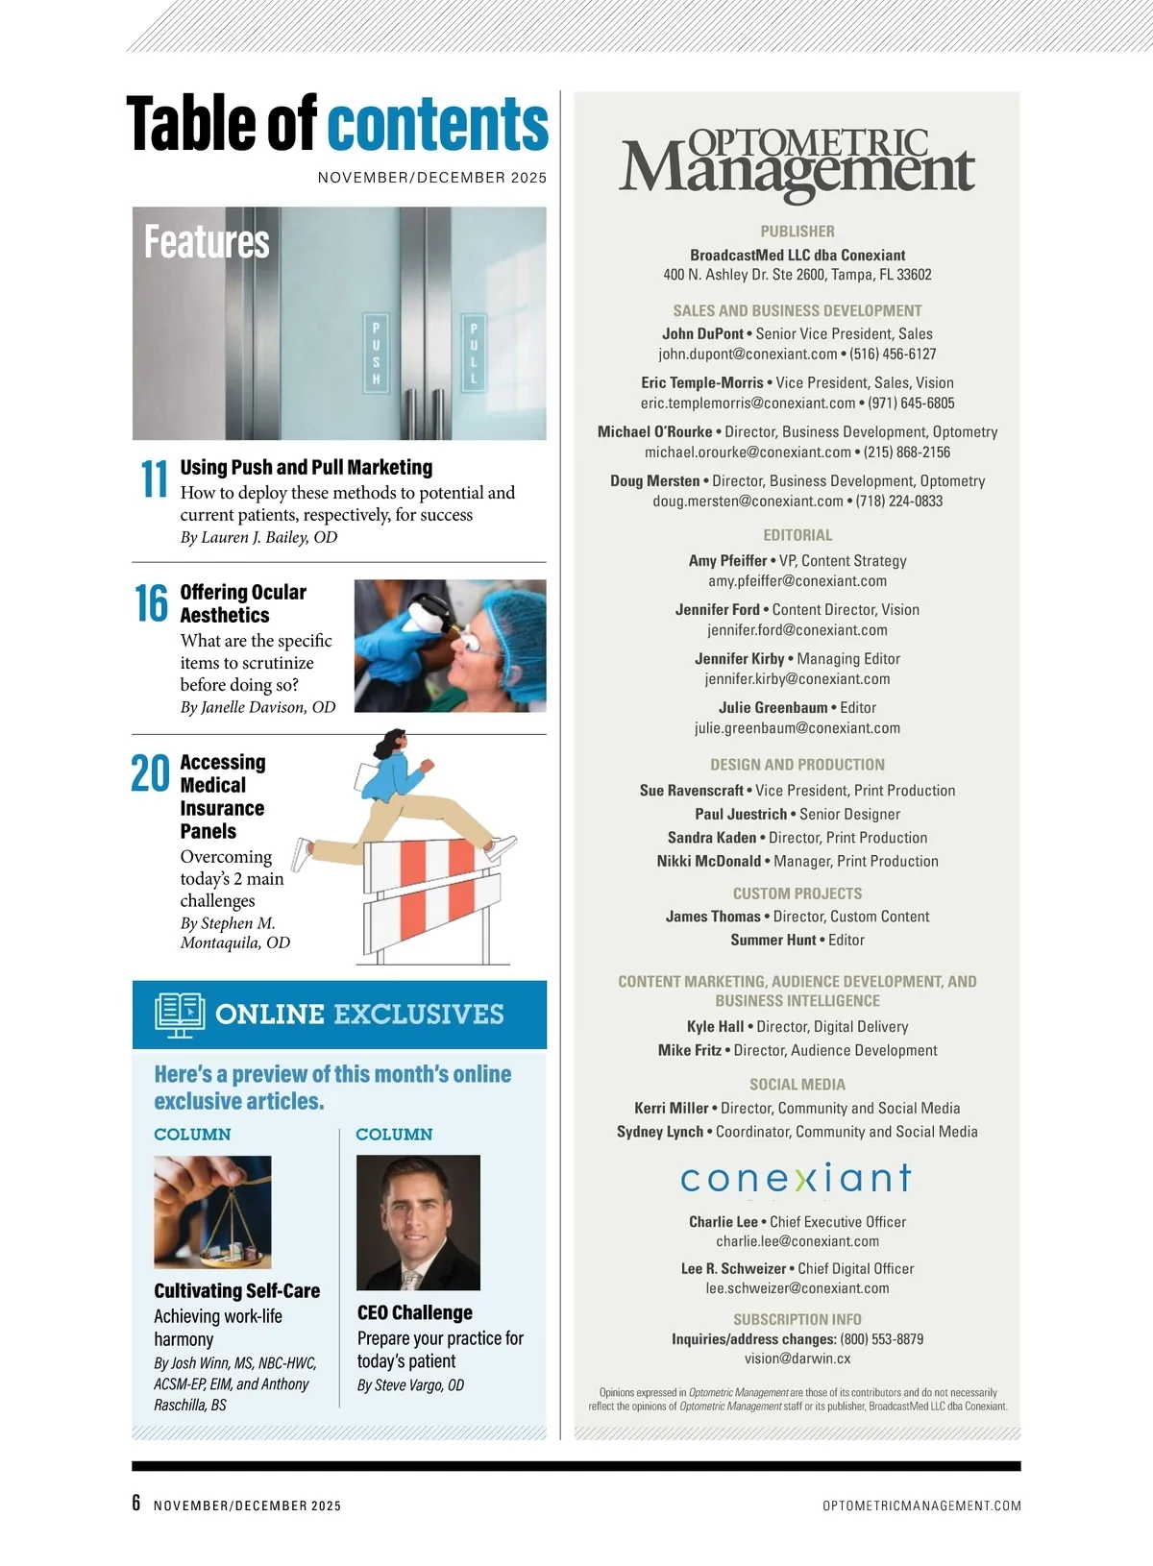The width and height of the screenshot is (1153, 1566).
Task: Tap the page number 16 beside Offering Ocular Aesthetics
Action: (x=152, y=603)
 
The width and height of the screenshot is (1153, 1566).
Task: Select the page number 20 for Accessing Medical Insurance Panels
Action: (x=150, y=774)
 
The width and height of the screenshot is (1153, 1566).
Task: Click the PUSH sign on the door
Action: (x=376, y=353)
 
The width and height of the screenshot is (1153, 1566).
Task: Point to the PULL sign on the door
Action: (x=473, y=353)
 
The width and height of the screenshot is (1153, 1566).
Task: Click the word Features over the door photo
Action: (x=207, y=242)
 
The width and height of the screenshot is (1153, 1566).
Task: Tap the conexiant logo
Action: (x=797, y=1178)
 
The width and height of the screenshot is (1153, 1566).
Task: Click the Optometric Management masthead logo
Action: (x=797, y=165)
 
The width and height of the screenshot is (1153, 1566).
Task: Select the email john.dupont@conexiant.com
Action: (x=748, y=355)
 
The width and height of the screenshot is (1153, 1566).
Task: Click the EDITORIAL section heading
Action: (x=797, y=535)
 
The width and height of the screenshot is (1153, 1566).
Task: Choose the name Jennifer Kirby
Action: (x=740, y=659)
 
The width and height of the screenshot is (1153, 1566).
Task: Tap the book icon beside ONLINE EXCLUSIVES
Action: (x=180, y=1015)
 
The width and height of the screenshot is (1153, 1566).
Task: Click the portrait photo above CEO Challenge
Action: (x=418, y=1222)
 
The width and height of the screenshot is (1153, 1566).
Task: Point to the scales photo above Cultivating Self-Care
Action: (x=212, y=1211)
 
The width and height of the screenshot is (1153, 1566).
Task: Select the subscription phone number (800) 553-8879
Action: (x=881, y=1339)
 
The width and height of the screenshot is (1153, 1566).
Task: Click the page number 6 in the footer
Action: (x=136, y=1504)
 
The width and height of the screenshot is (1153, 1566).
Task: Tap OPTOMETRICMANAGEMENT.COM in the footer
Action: (x=921, y=1505)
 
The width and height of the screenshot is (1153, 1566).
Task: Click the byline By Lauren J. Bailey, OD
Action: (x=259, y=537)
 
